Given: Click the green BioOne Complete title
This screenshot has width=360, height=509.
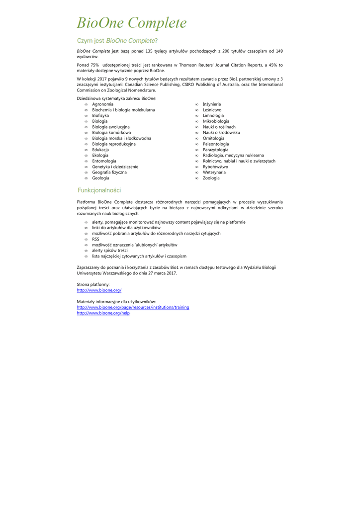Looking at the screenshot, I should tap(132, 23).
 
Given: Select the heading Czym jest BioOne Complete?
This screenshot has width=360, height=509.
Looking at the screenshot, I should tap(117, 40).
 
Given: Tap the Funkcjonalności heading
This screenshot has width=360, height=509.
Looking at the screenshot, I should tap(99, 190).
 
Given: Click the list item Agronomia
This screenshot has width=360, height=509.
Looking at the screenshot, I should tap(102, 104).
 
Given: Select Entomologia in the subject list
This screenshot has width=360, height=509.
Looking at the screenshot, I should tap(104, 161).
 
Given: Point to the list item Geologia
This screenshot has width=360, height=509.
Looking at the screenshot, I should tap(100, 178).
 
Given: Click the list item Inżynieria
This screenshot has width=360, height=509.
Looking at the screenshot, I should tap(212, 104).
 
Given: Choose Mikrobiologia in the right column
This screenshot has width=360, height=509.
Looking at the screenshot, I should tap(216, 121).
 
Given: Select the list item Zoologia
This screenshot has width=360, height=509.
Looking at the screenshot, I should tap(211, 178).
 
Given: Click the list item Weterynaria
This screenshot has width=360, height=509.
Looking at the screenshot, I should tap(214, 172).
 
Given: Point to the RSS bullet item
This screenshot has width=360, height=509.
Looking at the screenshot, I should tap(95, 239).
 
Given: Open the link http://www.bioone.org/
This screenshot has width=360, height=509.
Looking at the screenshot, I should tap(99, 290).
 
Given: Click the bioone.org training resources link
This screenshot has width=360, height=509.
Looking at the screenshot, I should tap(133, 307).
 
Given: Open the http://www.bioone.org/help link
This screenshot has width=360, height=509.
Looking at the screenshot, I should tap(103, 313).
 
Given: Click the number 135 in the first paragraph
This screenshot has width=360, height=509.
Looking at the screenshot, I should tap(148, 51).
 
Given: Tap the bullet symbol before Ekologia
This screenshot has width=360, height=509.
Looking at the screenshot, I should tap(86, 156).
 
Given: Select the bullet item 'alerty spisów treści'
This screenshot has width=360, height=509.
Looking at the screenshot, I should tap(109, 251).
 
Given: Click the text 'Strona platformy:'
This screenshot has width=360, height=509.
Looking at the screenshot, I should tap(93, 284).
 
